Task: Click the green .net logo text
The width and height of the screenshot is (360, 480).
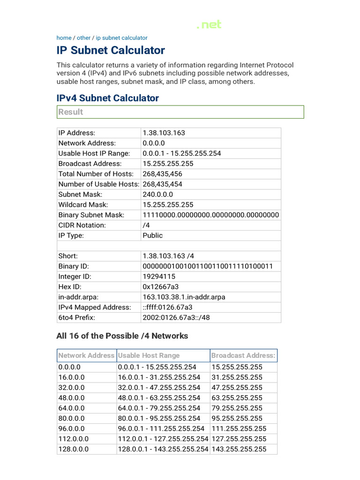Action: pyautogui.click(x=209, y=25)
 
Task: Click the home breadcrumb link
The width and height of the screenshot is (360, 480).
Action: pyautogui.click(x=64, y=38)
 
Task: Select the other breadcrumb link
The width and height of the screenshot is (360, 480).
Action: pyautogui.click(x=83, y=38)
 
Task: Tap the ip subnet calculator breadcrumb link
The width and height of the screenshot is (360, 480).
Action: pyautogui.click(x=121, y=38)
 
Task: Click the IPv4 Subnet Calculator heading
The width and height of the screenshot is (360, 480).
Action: pyautogui.click(x=107, y=98)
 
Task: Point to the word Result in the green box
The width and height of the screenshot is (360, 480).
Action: pyautogui.click(x=70, y=112)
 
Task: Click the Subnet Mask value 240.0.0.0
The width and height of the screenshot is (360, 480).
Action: pyautogui.click(x=157, y=195)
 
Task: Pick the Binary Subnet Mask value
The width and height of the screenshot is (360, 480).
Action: pyautogui.click(x=210, y=215)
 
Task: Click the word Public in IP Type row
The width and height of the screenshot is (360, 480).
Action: pyautogui.click(x=152, y=236)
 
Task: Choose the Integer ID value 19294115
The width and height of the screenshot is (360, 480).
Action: pyautogui.click(x=159, y=277)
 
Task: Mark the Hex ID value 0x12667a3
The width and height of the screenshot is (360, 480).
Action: pyautogui.click(x=161, y=287)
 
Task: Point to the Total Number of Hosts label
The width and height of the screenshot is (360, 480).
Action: pyautogui.click(x=90, y=174)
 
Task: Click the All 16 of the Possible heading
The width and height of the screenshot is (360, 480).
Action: pyautogui.click(x=122, y=336)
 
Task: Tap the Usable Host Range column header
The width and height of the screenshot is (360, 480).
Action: pyautogui.click(x=149, y=355)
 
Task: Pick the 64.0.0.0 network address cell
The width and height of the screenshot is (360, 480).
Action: pyautogui.click(x=71, y=408)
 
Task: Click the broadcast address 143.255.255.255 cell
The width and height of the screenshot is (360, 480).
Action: pyautogui.click(x=239, y=449)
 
